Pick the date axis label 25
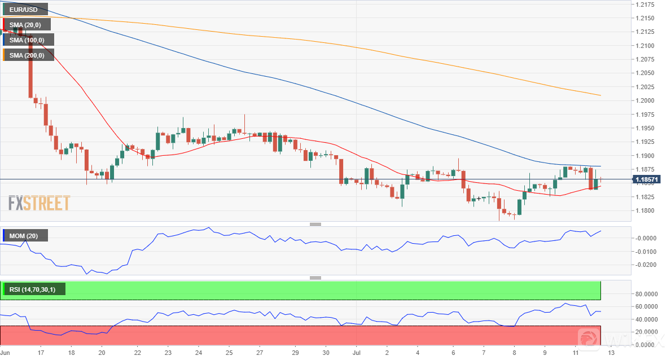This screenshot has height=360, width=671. click(229, 352)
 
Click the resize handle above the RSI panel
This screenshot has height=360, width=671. click(315, 278)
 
